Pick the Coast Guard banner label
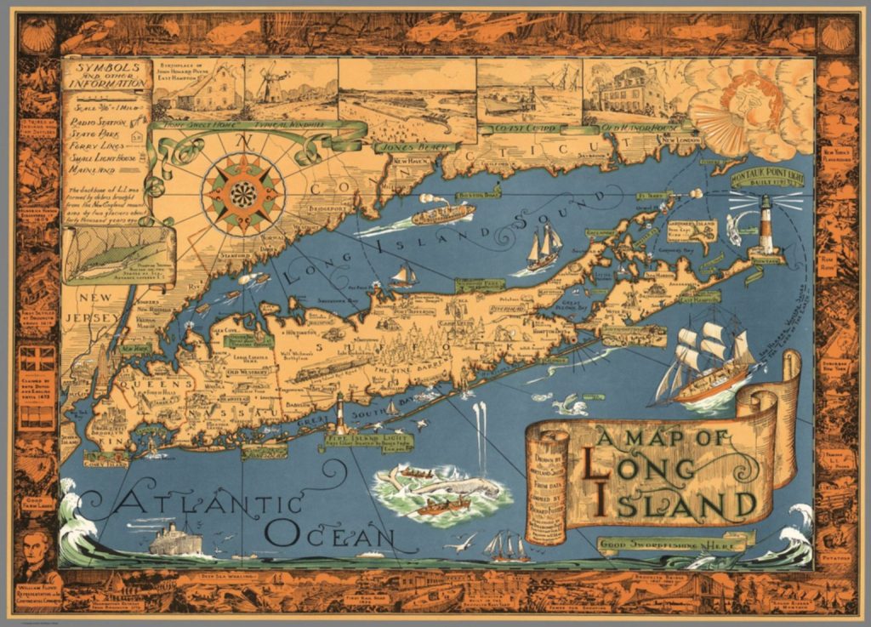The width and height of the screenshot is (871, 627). click(513, 128)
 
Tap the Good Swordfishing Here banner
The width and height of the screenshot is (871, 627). click(672, 541)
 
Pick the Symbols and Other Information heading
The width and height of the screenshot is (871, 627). click(105, 75)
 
